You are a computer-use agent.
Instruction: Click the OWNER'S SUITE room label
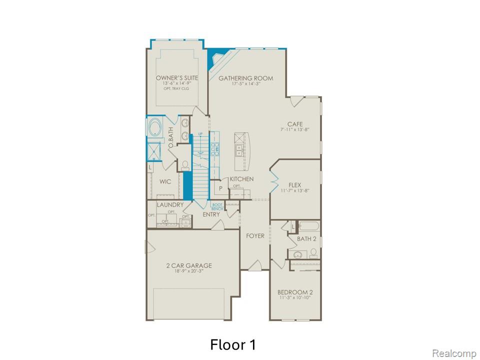pos(176,78)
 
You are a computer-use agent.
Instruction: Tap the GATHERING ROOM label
pos(246,78)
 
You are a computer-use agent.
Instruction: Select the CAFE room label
pos(294,124)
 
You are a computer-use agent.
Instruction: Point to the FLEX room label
pos(294,184)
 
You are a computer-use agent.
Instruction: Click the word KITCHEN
pos(241,179)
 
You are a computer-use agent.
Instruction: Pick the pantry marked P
pos(220,188)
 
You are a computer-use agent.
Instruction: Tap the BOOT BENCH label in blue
pos(217,206)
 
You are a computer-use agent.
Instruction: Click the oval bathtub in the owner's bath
pos(154,127)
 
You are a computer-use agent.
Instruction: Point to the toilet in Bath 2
pos(313,252)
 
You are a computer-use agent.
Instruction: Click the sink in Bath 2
pos(298,255)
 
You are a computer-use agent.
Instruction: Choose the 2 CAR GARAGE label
pos(189,265)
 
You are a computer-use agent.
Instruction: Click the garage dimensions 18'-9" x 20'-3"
pos(189,272)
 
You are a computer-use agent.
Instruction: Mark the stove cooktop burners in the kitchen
pos(215,147)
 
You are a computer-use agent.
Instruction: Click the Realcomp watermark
pos(453,353)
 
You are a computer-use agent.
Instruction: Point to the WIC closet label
pos(165,181)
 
